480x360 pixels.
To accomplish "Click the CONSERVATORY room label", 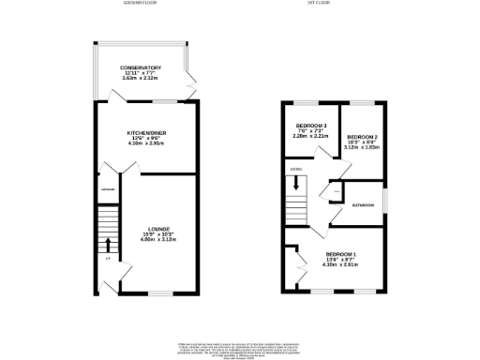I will point(141,67).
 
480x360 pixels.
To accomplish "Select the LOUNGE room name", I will point(157,228).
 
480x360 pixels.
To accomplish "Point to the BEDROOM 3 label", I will point(311,126).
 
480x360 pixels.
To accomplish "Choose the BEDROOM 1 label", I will point(341,254).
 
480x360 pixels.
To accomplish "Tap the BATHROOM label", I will point(364,204).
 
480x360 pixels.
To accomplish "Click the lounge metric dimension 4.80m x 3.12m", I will point(157,239).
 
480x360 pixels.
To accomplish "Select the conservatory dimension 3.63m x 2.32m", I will point(141,79).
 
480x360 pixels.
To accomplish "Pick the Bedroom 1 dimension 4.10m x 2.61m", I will point(341,265).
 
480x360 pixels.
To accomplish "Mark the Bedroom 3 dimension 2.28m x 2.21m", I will point(311,137).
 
